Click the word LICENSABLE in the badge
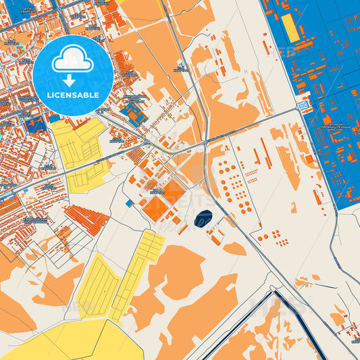point(73,95)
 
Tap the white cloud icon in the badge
point(72,61)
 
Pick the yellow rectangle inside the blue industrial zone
point(290,27)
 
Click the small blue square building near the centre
point(129,203)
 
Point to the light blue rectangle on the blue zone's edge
point(303,107)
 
